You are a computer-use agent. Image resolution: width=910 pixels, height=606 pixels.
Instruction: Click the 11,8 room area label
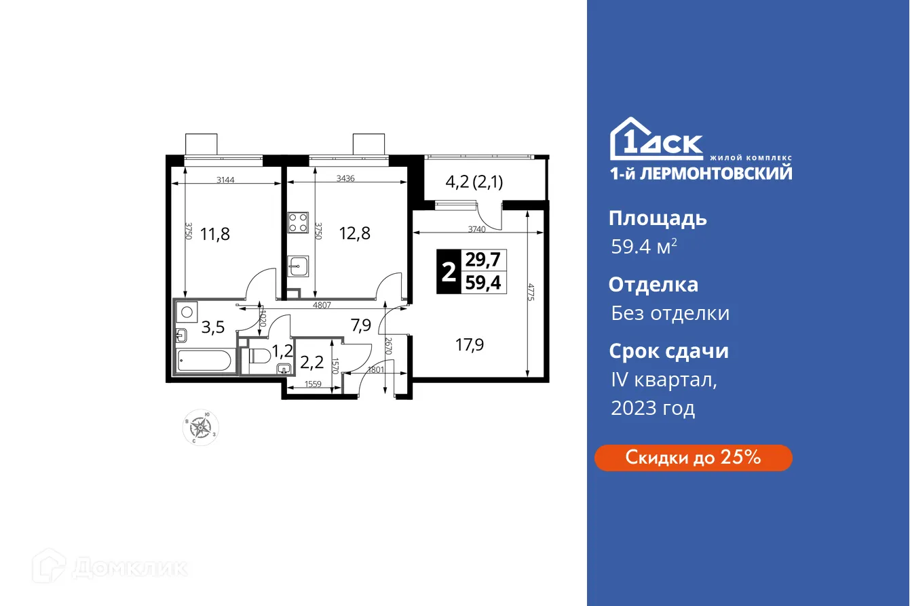tap(214, 235)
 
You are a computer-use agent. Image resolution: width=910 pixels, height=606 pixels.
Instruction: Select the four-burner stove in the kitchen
tap(299, 222)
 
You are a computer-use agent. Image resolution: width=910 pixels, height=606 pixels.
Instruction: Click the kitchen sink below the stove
tap(298, 265)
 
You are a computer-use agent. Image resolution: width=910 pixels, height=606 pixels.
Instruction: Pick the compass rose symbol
tap(201, 427)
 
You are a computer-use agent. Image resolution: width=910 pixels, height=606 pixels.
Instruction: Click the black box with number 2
tap(449, 272)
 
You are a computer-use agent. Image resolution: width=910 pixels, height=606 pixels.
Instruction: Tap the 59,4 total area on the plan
tap(484, 283)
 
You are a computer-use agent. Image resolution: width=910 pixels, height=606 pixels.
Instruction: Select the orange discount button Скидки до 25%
tap(693, 458)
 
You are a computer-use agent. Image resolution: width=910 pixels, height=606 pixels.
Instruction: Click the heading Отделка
tap(653, 285)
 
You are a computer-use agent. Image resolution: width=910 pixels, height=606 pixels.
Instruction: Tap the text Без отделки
tap(670, 313)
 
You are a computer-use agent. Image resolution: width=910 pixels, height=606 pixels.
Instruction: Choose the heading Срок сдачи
tap(668, 351)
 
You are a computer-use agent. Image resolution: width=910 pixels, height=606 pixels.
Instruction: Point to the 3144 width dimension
tap(227, 180)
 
